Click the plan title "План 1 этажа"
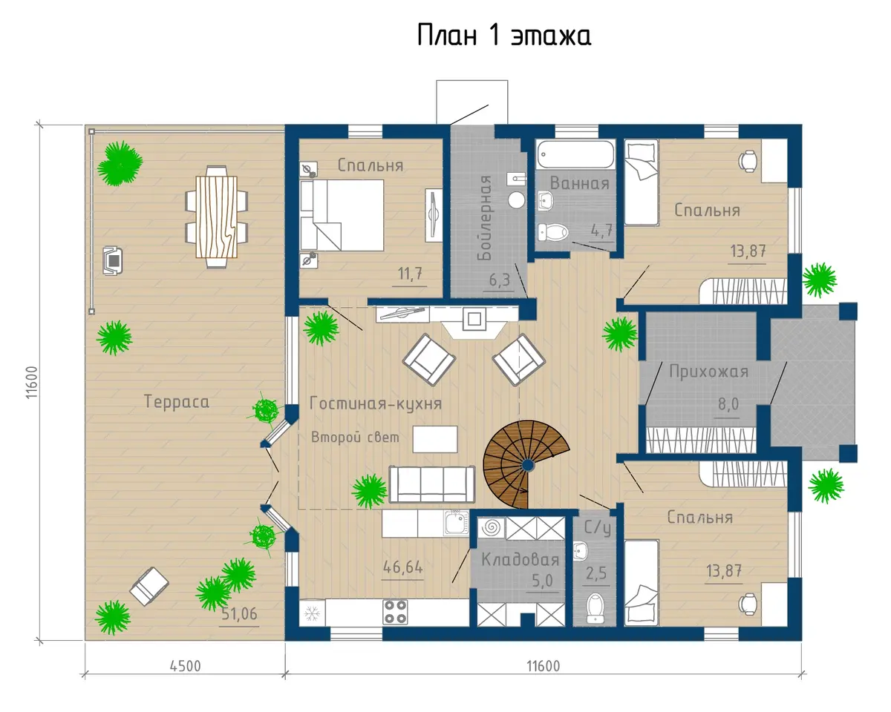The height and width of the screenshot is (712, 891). [503, 35]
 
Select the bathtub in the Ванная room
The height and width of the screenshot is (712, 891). [576, 154]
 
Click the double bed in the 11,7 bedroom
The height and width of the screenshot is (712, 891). [342, 215]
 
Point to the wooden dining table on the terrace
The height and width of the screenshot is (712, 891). [217, 217]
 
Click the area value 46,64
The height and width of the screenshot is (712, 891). [403, 567]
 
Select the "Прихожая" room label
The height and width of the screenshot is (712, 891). [709, 372]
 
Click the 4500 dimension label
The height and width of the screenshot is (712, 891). [185, 666]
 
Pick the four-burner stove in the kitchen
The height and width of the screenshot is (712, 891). [395, 612]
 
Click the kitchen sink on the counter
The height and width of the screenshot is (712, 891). [456, 524]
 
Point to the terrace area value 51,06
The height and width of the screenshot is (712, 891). [239, 614]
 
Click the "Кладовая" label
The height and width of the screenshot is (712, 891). [520, 560]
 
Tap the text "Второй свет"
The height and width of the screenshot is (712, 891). [355, 438]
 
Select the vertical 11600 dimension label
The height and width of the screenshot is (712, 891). [32, 382]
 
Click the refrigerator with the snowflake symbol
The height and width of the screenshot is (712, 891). [312, 613]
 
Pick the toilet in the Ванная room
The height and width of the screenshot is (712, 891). [553, 232]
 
